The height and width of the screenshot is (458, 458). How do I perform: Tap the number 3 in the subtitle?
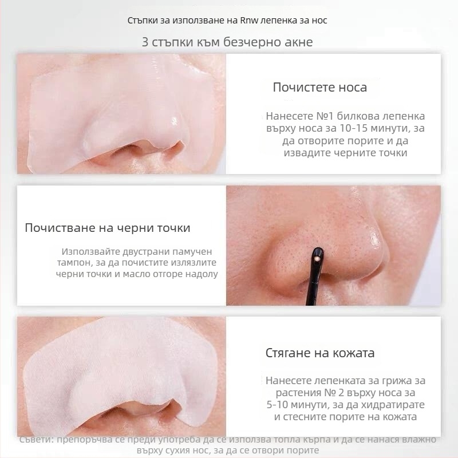(x=145, y=42)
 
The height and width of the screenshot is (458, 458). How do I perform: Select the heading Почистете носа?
(x=320, y=88)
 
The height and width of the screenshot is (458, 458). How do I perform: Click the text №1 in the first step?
(x=325, y=116)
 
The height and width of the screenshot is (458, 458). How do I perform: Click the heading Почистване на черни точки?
(x=108, y=228)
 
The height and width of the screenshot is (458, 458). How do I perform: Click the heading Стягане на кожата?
(x=320, y=353)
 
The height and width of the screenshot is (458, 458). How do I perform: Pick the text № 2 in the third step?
(x=334, y=393)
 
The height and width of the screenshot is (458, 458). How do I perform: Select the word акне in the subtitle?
(x=298, y=42)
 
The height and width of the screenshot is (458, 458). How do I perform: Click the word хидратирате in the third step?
(x=393, y=405)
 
